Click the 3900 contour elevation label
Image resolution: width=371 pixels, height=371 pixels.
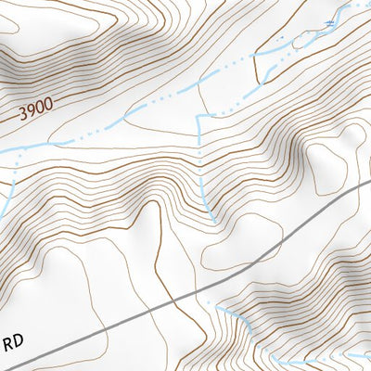(x=33, y=113)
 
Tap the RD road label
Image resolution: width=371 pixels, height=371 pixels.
(x=13, y=342)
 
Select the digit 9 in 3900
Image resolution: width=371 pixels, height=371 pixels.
(x=29, y=114)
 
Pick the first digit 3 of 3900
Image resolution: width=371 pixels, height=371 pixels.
(x=20, y=117)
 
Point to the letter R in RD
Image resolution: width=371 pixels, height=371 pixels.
(x=8, y=342)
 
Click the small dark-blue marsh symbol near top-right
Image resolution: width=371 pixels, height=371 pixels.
(x=326, y=20)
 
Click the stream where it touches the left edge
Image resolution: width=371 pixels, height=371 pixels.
(x=3, y=149)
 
